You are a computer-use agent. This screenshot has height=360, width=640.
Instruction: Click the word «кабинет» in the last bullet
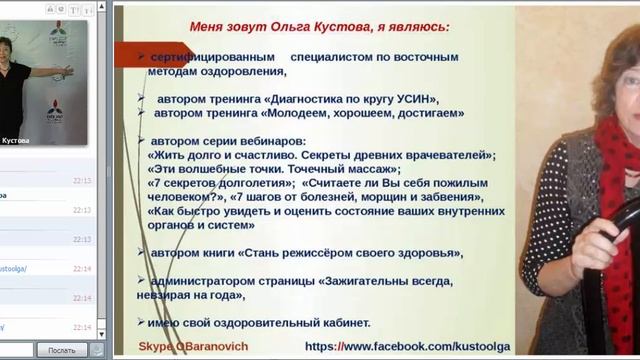coord(346,322)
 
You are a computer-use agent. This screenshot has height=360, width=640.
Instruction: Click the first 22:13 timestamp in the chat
coord(82,181)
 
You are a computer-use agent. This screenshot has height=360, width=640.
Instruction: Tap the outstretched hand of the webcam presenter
coord(65,71)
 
